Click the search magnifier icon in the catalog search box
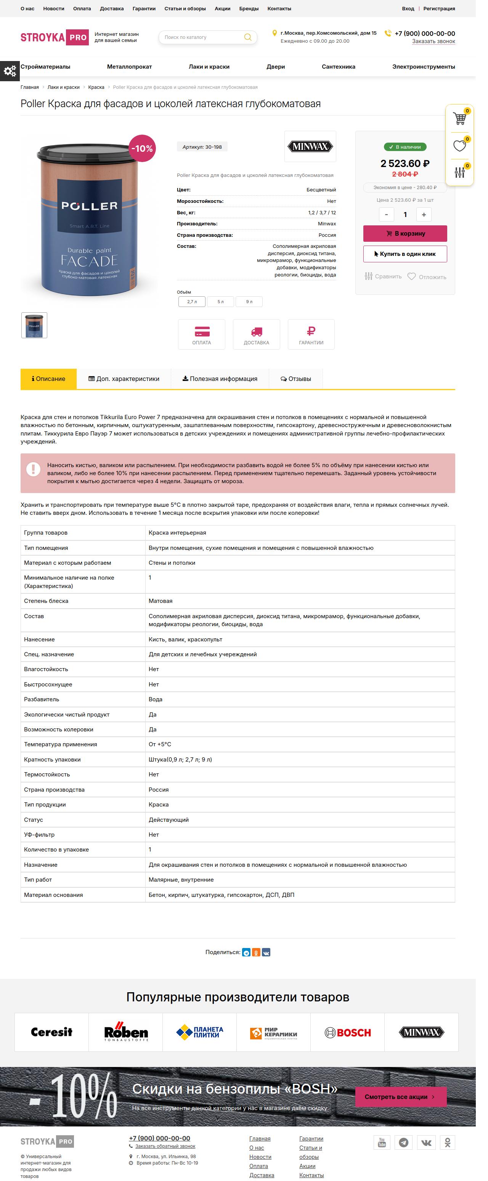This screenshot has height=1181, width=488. tap(247, 37)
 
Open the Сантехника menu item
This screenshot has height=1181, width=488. tap(338, 66)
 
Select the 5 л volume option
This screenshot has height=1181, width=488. tap(220, 302)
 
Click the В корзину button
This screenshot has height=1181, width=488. tap(405, 233)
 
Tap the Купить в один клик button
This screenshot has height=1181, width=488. tap(405, 254)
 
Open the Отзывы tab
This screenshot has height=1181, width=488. tap(295, 379)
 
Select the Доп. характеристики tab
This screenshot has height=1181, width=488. tap(124, 379)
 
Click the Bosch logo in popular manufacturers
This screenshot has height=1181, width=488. tap(347, 1032)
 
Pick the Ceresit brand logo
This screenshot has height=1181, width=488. tap(51, 1032)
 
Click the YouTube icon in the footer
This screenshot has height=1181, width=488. tap(382, 1142)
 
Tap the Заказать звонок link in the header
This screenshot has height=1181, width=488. tap(433, 41)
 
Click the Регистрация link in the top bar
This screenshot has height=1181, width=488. tap(438, 9)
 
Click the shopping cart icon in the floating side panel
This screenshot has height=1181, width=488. tap(459, 118)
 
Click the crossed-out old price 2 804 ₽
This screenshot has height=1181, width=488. tap(405, 174)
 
